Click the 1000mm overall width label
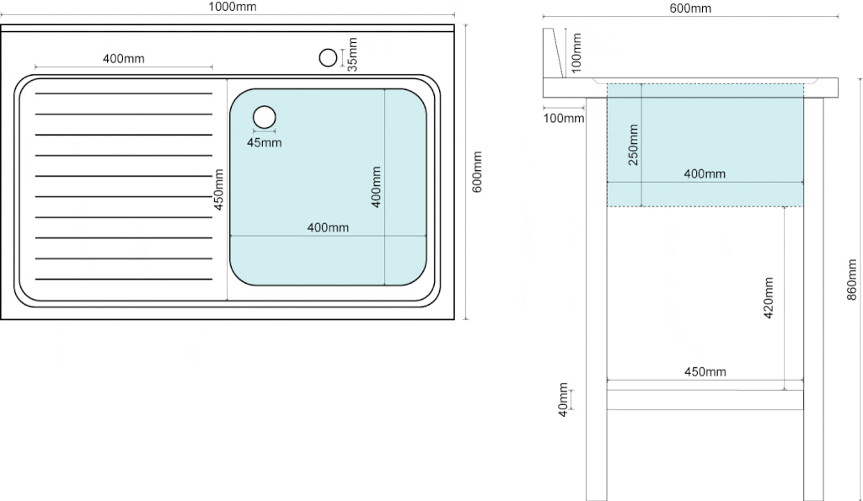233,7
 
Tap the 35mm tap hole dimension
352,55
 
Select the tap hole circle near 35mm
328,57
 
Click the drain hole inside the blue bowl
264,117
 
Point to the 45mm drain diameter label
264,143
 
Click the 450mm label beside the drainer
218,189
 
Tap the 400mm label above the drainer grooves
124,58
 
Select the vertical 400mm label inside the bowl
376,187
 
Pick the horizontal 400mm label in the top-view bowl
328,227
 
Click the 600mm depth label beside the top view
477,172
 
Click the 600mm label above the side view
690,8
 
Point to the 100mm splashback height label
576,53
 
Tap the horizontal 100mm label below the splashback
564,118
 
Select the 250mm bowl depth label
634,145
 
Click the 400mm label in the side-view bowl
705,173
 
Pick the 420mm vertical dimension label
769,297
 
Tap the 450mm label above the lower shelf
705,372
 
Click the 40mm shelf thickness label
563,400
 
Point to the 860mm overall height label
851,280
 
